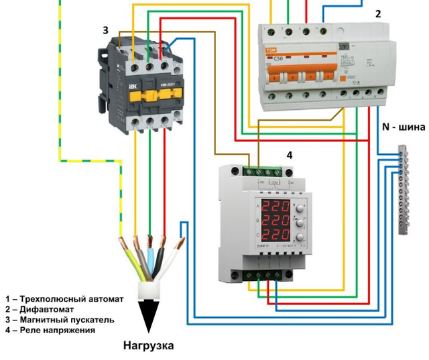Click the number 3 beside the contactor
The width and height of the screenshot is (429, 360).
[105, 30]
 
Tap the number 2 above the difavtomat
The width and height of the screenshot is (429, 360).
[378, 13]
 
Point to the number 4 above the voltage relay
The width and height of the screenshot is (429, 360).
[290, 155]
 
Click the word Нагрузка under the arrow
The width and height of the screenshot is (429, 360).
[148, 346]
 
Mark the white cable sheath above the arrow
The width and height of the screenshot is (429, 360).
[148, 290]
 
